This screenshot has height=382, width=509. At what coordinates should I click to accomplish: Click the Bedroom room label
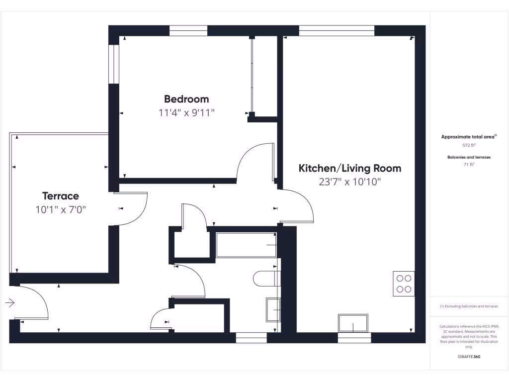[x=186, y=99]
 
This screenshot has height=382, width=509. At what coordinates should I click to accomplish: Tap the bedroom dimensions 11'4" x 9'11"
[x=186, y=113]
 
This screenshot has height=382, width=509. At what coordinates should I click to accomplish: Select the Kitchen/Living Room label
[x=349, y=169]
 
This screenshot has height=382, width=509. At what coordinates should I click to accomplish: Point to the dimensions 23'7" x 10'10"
[x=349, y=182]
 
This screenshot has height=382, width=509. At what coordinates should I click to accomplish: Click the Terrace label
[x=60, y=196]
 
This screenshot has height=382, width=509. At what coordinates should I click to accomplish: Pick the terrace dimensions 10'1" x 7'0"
[x=61, y=210]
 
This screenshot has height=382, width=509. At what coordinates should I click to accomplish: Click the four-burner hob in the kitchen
[x=404, y=284]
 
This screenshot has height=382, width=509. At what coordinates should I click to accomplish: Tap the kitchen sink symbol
[x=353, y=323]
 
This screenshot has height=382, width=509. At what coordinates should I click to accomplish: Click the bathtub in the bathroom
[x=246, y=245]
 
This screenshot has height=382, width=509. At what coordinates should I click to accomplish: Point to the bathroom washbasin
[x=273, y=309]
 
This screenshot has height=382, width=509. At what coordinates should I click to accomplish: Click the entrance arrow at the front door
[x=10, y=302]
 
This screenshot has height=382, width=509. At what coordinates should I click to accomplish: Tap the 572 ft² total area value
[x=469, y=146]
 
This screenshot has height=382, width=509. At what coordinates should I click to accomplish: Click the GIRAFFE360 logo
[x=469, y=357]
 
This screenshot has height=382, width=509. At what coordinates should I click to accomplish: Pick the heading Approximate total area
[x=469, y=136]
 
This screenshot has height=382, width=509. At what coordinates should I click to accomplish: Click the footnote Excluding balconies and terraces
[x=469, y=306]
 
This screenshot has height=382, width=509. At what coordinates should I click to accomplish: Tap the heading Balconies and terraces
[x=469, y=157]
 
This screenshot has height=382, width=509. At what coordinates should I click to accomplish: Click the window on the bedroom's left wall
[x=114, y=65]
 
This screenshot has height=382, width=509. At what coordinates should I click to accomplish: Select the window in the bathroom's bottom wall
[x=251, y=338]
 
